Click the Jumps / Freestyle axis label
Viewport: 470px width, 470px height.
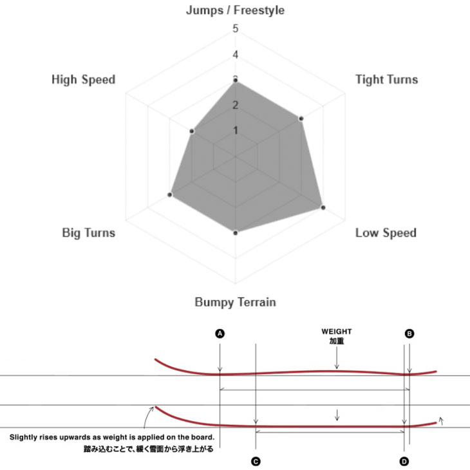[x=235, y=10]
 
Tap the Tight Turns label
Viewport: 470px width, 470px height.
[x=387, y=79]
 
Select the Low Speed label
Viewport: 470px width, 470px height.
[x=386, y=233]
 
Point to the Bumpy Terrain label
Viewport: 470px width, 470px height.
[x=235, y=302]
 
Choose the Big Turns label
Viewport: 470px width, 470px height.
[x=89, y=233]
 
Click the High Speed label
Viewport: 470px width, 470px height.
[x=84, y=79]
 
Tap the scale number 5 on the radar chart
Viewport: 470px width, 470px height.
[x=236, y=29]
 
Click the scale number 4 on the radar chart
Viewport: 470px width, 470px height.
[x=236, y=55]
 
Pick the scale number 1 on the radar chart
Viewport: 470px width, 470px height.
[x=236, y=131]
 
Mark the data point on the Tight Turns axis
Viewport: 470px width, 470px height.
[x=301, y=118]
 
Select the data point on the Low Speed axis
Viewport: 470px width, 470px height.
[x=323, y=207]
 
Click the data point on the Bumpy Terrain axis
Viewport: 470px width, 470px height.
[x=236, y=233]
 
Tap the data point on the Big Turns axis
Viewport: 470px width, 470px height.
[x=170, y=195]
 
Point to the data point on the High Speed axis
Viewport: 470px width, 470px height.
[x=192, y=131]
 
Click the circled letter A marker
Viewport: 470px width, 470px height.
[x=220, y=334]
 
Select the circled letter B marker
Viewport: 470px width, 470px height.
[x=409, y=334]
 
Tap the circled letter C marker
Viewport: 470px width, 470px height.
[x=256, y=461]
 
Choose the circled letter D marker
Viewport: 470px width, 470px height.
[x=404, y=461]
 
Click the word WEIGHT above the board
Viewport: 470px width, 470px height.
[x=337, y=332]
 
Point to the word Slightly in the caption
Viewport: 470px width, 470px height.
[x=22, y=437]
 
